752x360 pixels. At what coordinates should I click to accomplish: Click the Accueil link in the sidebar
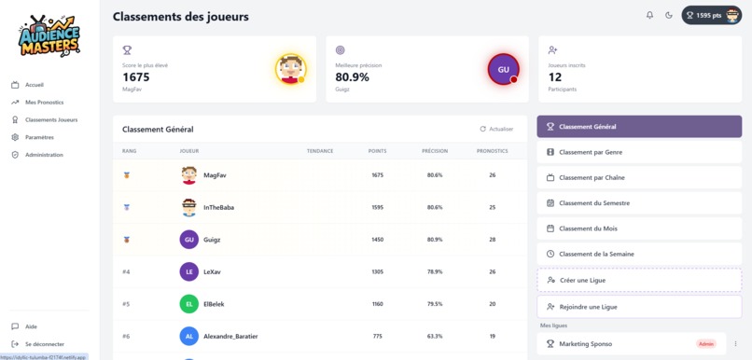(x=34, y=85)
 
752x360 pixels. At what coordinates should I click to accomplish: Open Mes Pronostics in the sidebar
(x=44, y=103)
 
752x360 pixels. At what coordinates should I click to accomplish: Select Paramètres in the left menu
(x=39, y=137)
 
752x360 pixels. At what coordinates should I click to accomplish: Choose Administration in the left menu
(x=44, y=155)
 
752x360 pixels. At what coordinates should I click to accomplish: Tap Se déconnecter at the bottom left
(x=44, y=344)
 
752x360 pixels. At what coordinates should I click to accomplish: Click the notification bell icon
(x=650, y=15)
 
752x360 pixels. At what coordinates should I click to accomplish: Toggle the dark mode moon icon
(x=669, y=15)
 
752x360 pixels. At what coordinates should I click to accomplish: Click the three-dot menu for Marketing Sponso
(x=735, y=344)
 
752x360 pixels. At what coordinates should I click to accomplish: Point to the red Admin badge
(x=706, y=344)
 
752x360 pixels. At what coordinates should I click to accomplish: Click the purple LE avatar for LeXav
(x=189, y=272)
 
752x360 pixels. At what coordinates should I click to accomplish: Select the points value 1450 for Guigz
(x=377, y=240)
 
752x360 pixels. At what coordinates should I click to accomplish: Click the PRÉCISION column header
(x=435, y=151)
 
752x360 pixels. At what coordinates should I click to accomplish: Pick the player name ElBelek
(x=214, y=304)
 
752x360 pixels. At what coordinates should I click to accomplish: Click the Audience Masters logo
(x=49, y=37)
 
